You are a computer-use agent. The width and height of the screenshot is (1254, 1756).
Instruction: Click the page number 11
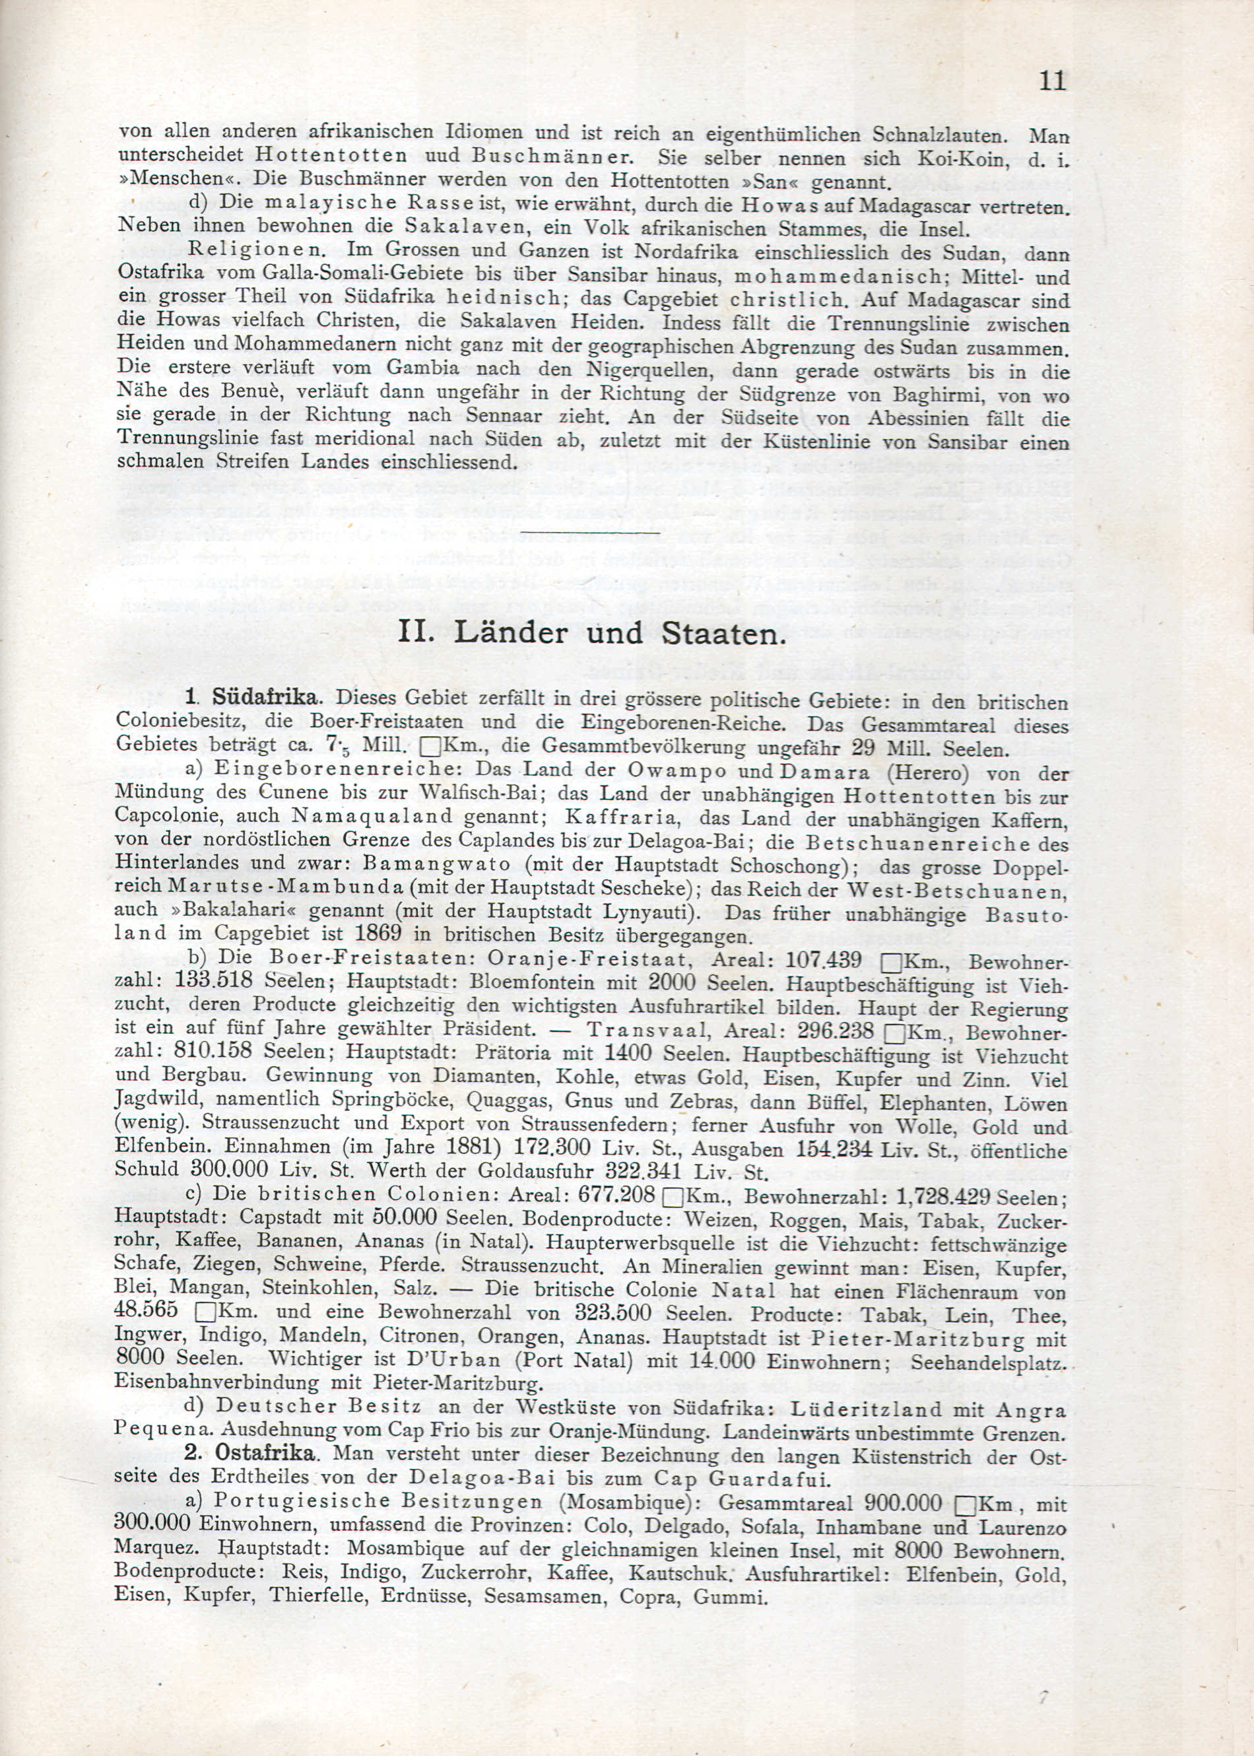tap(1053, 81)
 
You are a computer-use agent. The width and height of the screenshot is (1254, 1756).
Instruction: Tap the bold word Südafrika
tap(264, 697)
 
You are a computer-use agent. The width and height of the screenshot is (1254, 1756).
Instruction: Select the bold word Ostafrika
tap(265, 1453)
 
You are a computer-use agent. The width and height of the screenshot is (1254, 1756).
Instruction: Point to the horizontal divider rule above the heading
tap(591, 532)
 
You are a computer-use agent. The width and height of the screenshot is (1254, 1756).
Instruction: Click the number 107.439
tap(822, 960)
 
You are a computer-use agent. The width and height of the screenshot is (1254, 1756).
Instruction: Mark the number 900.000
tap(904, 1503)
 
